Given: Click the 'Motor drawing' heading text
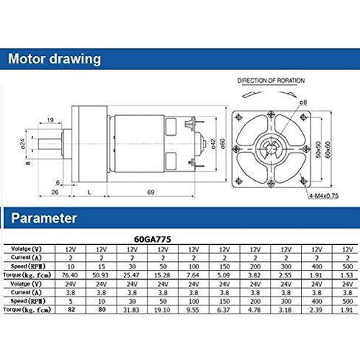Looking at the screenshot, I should click(x=53, y=58).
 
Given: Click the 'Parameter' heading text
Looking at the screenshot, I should click(x=43, y=218).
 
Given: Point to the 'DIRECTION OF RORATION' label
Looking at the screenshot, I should click(x=271, y=80).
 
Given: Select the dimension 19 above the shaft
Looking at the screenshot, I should click(x=49, y=120).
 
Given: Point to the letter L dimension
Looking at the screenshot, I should click(x=89, y=192).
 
